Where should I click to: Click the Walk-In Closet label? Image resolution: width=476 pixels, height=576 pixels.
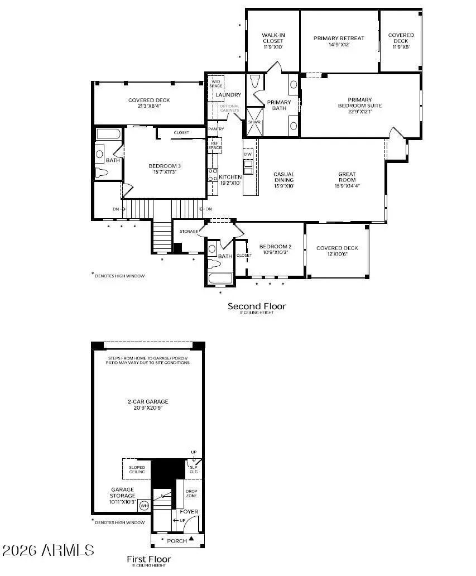coord(273,41)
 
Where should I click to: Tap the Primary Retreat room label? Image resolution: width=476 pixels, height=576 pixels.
coord(339,41)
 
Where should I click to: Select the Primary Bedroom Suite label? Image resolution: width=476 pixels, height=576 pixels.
coord(359,105)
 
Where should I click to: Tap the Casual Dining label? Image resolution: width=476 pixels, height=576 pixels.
coord(283,180)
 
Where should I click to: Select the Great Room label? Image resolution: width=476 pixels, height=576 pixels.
coord(347,180)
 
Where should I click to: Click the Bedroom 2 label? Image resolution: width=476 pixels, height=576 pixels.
coord(276,249)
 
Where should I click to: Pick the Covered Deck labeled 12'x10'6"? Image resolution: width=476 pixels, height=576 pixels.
coord(337,251)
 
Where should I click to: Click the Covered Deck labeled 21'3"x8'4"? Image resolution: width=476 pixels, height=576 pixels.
coord(148,103)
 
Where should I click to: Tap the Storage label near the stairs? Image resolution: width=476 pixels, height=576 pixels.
coord(189,231)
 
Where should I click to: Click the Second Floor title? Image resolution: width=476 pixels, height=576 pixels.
coord(256,306)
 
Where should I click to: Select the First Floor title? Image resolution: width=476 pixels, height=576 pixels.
coord(148,559)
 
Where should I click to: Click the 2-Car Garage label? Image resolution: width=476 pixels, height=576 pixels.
coord(148,404)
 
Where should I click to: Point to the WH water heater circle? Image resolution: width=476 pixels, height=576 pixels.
coord(144,506)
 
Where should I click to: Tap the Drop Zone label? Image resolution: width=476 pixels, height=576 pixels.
coord(191,493)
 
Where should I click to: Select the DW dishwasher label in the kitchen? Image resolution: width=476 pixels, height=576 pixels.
coord(248,153)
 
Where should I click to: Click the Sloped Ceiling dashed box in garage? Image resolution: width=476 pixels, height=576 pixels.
coord(137,469)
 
